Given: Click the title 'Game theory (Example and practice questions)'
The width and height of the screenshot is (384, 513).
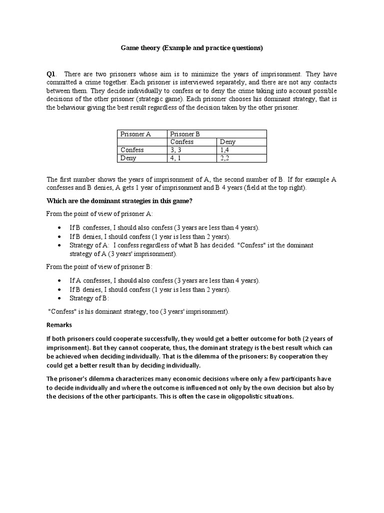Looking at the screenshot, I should click(191, 48).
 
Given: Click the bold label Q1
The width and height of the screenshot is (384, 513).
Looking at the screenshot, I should click(51, 74).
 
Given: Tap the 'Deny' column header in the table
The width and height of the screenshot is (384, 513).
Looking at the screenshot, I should click(227, 142).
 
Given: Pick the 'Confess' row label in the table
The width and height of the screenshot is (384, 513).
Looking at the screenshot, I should click(132, 150).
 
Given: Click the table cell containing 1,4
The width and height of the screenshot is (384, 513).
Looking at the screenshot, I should click(225, 150).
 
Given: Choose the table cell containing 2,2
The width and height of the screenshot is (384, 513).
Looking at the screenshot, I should click(225, 158).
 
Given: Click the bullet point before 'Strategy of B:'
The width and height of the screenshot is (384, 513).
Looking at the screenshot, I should click(60, 299).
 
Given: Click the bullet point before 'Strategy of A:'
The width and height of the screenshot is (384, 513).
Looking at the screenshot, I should click(60, 245).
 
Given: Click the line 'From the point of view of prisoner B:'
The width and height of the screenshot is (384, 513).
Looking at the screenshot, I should click(99, 267).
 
